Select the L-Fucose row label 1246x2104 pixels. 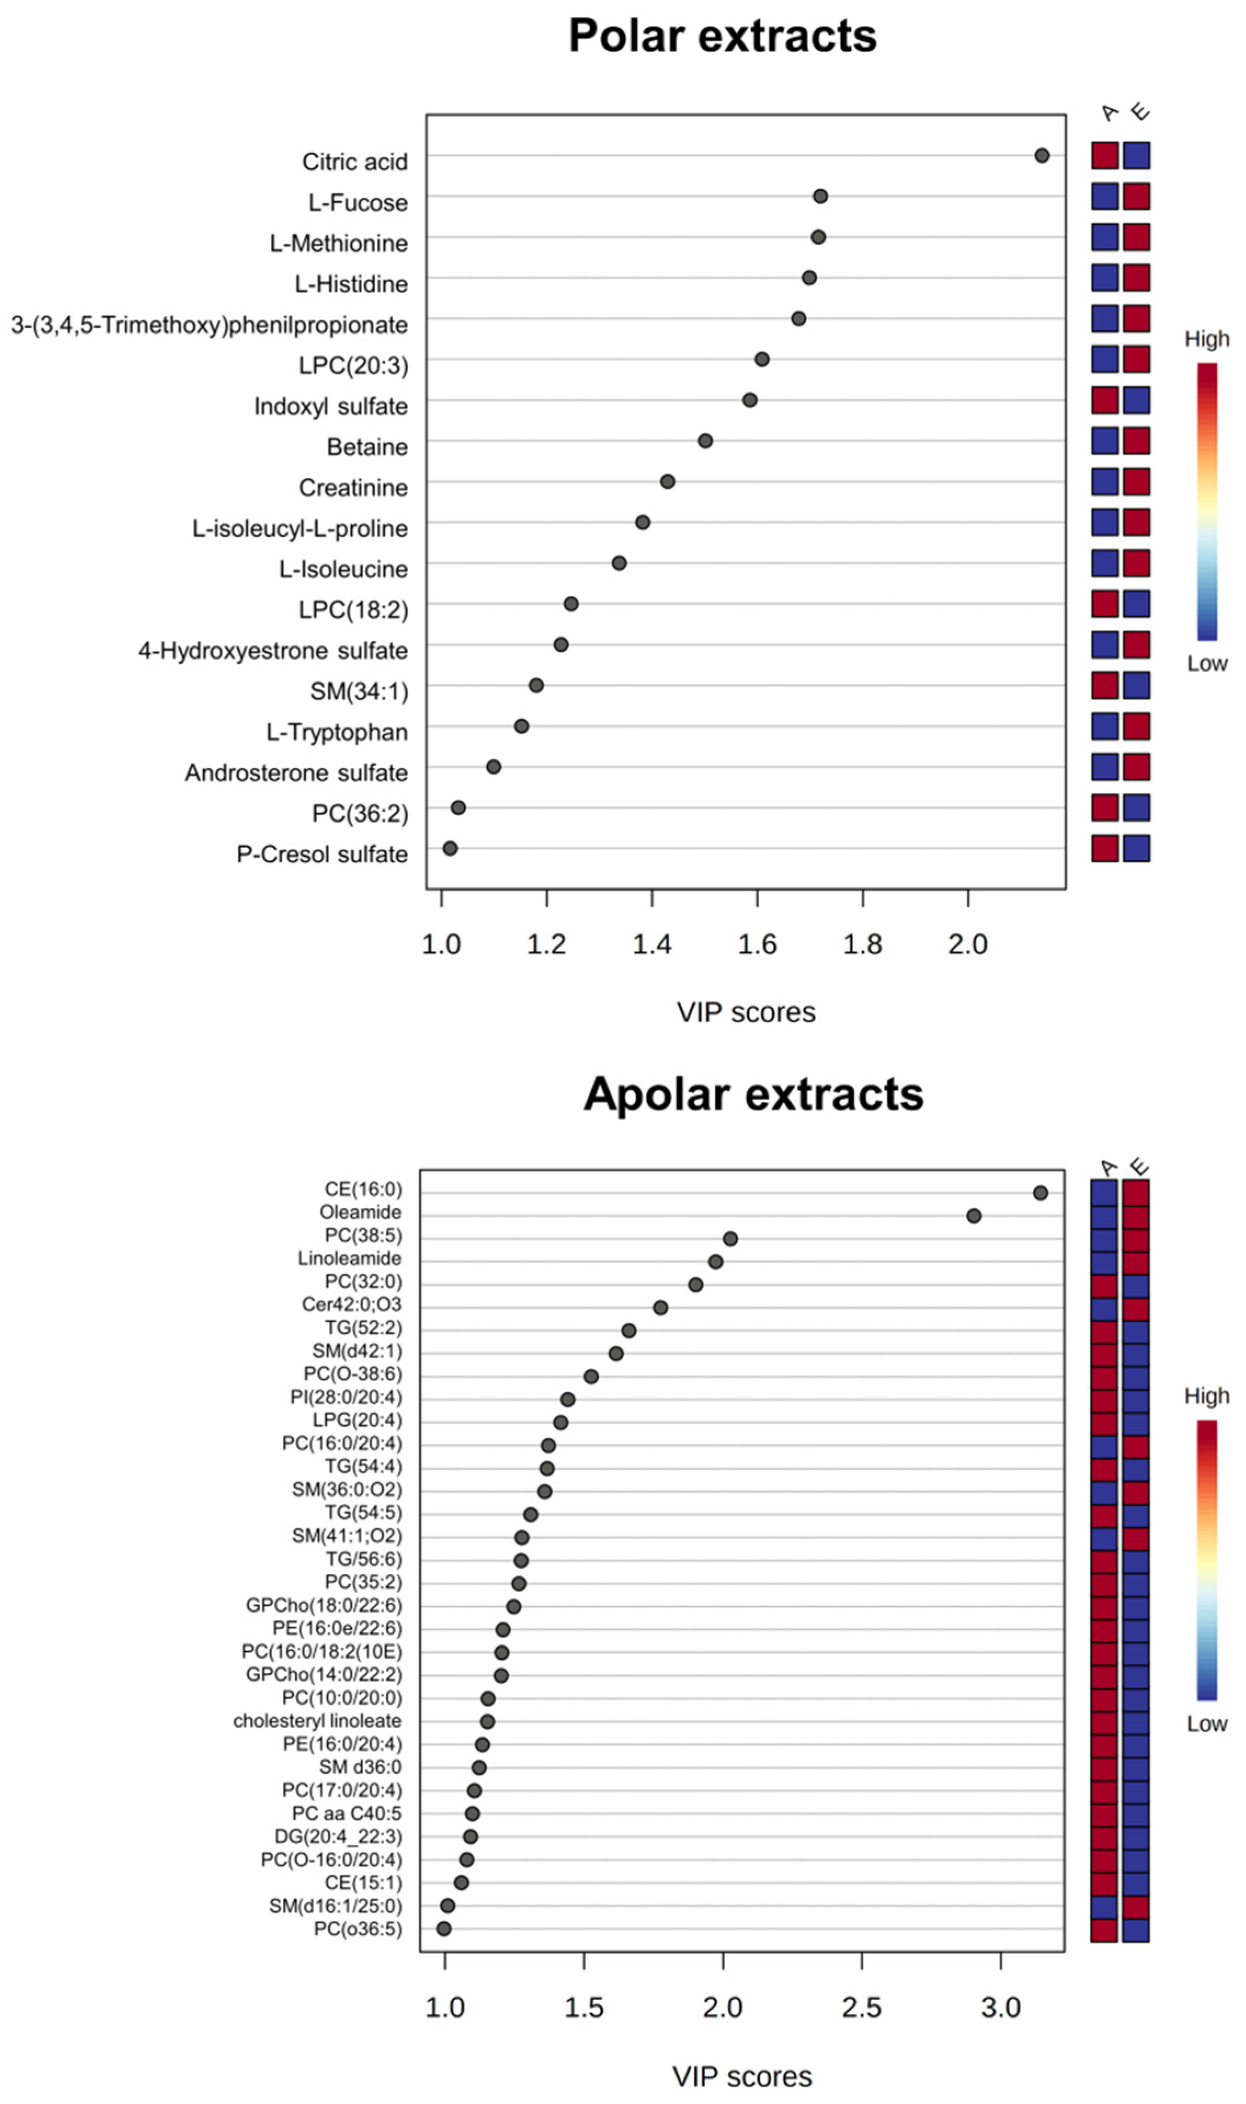(358, 202)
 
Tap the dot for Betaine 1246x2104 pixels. (705, 440)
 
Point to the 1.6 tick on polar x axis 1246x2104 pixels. (757, 945)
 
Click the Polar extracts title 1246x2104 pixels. (722, 36)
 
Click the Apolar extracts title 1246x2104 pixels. (753, 1094)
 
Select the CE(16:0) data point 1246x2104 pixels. (1041, 1193)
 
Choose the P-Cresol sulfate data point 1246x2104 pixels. (450, 849)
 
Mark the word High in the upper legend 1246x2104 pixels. (1207, 339)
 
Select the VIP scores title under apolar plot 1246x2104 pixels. (742, 2076)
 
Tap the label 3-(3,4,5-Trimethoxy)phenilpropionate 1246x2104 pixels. (209, 325)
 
